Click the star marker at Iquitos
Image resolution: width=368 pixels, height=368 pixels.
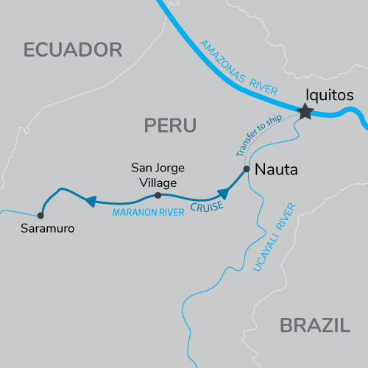click(x=305, y=112)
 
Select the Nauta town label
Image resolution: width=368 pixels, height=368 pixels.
click(x=275, y=170)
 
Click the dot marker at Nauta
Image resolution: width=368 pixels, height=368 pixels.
click(x=247, y=169)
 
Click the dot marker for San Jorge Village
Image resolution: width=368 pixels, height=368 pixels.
click(x=158, y=195)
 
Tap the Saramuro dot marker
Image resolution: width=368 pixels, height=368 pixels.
click(x=40, y=216)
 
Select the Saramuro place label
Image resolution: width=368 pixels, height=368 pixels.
click(x=46, y=229)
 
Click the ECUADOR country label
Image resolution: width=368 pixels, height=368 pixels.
click(x=72, y=50)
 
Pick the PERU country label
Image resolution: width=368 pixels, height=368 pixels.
click(x=170, y=126)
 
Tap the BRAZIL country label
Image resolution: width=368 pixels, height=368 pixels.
click(x=314, y=325)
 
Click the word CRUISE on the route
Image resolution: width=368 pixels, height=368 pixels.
click(x=207, y=208)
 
